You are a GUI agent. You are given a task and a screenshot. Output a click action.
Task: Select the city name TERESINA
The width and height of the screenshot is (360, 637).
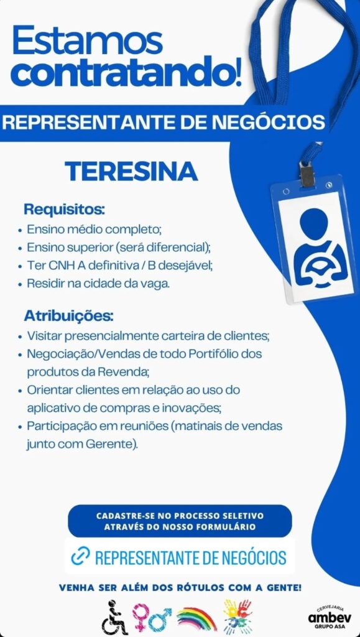pyautogui.click(x=131, y=171)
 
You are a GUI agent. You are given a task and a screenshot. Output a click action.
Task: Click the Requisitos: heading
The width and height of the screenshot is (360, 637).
pyautogui.click(x=64, y=209)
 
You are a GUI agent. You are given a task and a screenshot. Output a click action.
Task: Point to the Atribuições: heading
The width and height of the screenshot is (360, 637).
pyautogui.click(x=68, y=315)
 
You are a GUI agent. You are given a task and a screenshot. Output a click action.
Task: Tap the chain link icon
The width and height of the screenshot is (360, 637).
pyautogui.click(x=80, y=556)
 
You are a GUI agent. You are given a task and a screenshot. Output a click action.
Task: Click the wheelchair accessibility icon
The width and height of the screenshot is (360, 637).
pyautogui.click(x=114, y=616)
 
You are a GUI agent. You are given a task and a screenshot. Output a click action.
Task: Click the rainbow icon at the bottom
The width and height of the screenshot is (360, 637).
pyautogui.click(x=196, y=617)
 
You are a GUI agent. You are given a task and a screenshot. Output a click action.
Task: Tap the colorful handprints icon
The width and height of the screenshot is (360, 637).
pyautogui.click(x=238, y=616)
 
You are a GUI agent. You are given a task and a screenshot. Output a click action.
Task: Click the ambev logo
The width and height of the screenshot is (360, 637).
pyautogui.click(x=329, y=616)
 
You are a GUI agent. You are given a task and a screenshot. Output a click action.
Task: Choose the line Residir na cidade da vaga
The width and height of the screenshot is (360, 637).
pyautogui.click(x=98, y=283)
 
